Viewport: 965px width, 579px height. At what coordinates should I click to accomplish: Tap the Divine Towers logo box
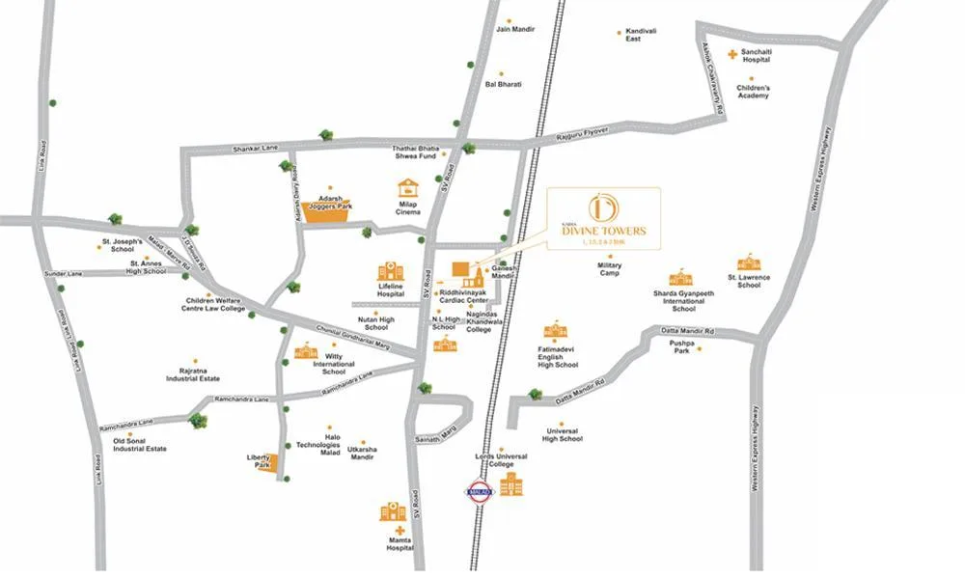604,219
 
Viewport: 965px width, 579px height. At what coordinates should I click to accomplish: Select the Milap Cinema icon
408,188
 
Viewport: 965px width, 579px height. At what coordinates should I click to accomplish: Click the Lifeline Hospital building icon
390,271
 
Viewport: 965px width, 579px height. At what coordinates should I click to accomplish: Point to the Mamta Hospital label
400,543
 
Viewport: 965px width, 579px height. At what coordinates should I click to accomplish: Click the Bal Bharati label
503,85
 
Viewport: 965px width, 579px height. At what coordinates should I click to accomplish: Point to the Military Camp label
609,268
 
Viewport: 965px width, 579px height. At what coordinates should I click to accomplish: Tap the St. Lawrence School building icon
749,262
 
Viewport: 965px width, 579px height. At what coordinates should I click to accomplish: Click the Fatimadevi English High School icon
555,331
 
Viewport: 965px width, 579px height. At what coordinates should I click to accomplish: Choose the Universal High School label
562,434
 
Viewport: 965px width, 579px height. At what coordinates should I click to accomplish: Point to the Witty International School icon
306,351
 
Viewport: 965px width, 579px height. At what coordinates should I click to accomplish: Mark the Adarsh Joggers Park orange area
324,212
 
